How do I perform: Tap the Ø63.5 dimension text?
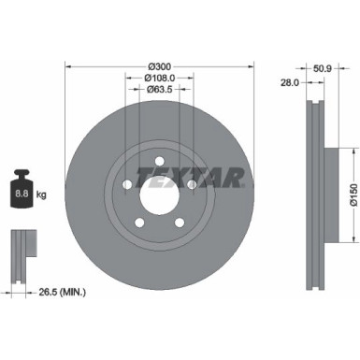pyautogui.click(x=160, y=90)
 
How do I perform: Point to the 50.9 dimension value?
pyautogui.click(x=323, y=68)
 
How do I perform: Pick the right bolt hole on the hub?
pyautogui.click(x=191, y=184)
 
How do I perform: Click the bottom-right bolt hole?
pyautogui.click(x=179, y=222)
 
